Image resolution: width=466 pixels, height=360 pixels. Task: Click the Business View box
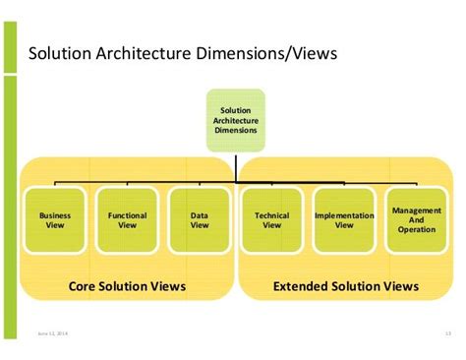point(55,219)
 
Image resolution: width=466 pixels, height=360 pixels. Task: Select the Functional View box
point(127,219)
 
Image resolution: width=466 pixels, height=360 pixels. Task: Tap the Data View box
point(200,219)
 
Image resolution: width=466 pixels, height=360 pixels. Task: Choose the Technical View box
point(271,219)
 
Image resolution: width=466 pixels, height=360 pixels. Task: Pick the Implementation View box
point(344,219)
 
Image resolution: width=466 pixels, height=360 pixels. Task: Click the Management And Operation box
point(416,219)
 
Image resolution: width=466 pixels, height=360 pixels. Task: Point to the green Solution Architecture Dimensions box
point(236,121)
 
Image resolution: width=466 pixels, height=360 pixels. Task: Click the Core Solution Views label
point(127,286)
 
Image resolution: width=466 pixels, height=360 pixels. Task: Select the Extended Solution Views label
point(346,286)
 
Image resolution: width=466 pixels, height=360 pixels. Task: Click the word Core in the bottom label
point(86,286)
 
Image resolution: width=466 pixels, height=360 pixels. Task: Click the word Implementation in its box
point(344,214)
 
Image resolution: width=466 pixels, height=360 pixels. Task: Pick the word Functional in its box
point(127,214)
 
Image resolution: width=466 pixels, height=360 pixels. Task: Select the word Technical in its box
point(271,214)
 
